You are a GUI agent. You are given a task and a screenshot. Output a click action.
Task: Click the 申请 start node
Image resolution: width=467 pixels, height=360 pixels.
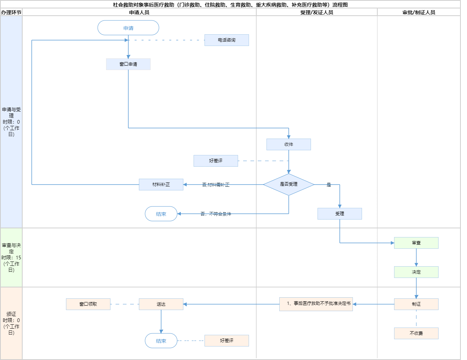point(128,28)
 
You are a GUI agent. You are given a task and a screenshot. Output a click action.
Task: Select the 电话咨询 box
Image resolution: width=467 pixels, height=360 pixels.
point(227,40)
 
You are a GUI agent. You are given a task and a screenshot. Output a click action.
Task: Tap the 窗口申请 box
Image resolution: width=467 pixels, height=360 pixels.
point(128,64)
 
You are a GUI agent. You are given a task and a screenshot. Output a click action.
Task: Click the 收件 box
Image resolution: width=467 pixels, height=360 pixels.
point(289,144)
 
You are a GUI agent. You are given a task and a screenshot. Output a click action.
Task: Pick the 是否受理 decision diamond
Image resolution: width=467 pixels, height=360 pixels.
point(289,185)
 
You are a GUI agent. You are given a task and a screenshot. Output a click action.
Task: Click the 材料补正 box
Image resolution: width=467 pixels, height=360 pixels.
point(161,185)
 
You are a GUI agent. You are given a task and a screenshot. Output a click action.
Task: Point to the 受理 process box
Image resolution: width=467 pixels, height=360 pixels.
point(340,214)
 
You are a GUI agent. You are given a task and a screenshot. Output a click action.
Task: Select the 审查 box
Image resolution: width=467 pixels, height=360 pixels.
point(416,243)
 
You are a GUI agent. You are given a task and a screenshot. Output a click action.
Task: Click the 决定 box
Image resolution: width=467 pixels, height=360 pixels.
point(416,272)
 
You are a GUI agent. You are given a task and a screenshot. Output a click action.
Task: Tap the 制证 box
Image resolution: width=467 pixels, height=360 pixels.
point(416,304)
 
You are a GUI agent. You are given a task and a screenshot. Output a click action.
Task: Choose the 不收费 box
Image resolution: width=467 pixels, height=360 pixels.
point(416,333)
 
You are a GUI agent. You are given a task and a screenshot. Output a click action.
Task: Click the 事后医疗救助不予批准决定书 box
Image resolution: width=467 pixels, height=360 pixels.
point(316,304)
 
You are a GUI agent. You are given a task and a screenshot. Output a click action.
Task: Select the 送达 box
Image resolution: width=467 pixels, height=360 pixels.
point(161,304)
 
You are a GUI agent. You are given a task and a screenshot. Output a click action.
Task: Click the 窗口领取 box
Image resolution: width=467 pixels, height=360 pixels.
point(88,304)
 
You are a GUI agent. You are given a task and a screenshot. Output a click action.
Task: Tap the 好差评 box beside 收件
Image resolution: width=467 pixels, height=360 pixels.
point(216,161)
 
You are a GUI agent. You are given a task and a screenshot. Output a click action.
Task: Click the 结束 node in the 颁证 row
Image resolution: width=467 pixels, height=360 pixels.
point(161,341)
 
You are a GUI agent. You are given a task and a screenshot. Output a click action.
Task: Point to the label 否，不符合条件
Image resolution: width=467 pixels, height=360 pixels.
point(216,214)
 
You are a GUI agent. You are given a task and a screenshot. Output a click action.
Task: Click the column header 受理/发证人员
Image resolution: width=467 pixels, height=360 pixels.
point(317,12)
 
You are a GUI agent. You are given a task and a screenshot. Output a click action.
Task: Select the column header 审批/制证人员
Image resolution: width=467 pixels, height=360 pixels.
point(419,12)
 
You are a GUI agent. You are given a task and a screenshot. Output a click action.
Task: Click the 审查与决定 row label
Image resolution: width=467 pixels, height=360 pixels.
point(11,258)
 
